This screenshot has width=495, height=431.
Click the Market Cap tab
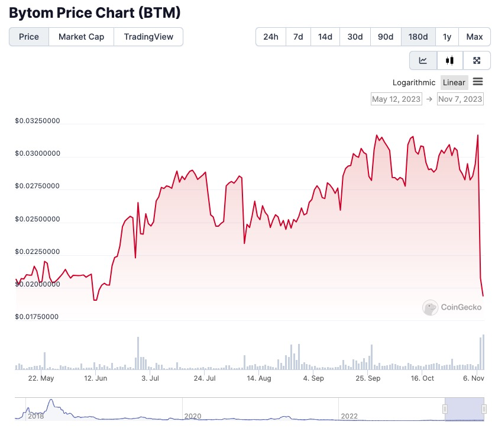pos(81,37)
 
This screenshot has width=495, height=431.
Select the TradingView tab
pos(148,37)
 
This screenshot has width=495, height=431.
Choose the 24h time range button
pos(271,37)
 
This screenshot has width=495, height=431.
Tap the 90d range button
pos(386,37)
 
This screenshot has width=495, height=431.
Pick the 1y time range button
pos(447,37)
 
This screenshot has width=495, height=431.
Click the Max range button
pos(474,37)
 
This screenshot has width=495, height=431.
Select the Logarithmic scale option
pos(414,82)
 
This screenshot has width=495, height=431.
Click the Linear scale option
pos(454,82)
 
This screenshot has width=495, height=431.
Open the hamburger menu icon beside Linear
pos(478,82)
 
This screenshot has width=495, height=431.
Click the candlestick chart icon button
pos(450,60)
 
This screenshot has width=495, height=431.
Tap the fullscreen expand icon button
pos(477,60)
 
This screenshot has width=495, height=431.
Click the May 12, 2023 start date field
pos(396,99)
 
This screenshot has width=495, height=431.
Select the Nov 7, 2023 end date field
pos(460,99)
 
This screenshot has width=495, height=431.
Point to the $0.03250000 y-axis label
pos(38,121)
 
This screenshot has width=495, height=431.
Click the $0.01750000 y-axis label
pos(38,317)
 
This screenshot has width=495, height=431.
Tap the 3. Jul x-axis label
pos(150,378)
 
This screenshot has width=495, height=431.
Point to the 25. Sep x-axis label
pos(367,378)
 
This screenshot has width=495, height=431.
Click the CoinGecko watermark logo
pos(452,307)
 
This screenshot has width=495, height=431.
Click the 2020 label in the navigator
pos(193,416)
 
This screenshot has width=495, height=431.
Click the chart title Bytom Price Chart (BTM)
pos(95,12)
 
